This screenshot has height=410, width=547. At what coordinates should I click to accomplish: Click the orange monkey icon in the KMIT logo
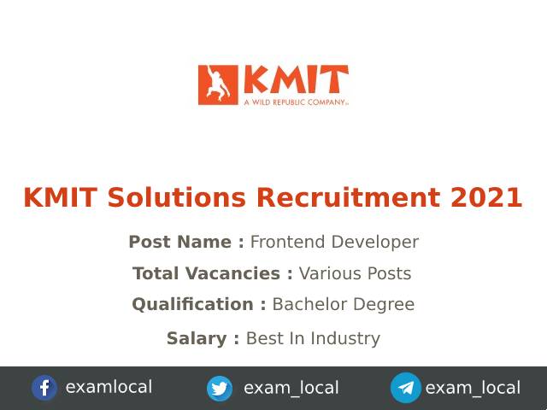[217, 85]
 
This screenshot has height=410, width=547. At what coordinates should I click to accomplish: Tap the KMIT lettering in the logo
[295, 79]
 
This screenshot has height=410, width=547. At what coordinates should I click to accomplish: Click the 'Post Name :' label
[186, 242]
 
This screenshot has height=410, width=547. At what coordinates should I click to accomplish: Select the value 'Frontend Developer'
[334, 242]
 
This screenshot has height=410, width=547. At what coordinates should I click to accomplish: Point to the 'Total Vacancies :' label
[213, 273]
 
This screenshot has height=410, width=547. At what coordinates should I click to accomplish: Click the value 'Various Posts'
[355, 273]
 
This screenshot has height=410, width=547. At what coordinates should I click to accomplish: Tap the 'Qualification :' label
[199, 304]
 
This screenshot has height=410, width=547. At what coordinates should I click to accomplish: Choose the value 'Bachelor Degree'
[344, 304]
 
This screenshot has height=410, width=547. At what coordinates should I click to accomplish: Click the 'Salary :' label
[203, 338]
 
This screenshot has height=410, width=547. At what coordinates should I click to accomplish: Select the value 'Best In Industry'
[313, 338]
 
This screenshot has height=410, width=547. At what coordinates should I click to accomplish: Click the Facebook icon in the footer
[44, 388]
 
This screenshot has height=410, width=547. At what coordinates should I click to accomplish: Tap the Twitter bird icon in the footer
[220, 389]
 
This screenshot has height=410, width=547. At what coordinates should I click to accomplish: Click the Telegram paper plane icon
[406, 388]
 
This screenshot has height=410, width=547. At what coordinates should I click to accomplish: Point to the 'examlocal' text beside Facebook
[109, 387]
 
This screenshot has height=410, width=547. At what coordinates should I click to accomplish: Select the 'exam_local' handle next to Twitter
[291, 388]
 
